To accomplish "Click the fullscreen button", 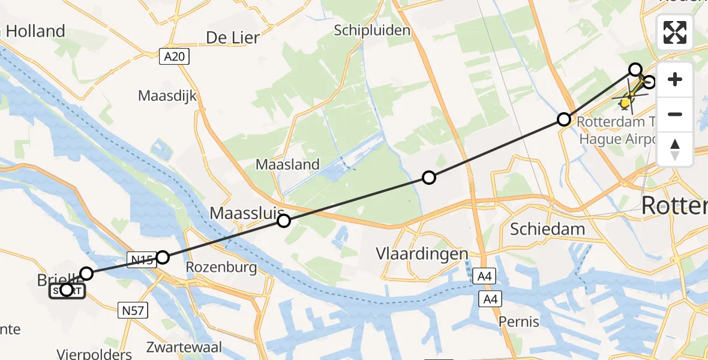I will coord(675,32).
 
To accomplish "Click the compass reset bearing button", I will coord(675,149).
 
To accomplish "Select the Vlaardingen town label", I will coord(422,254).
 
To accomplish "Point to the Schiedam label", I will coord(539,228).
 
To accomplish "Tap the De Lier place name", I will coord(233,38).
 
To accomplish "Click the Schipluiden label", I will coord(372,30).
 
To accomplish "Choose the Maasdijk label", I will coord(167,95).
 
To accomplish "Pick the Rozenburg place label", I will coord(221,267).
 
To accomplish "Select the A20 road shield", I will coord(175,57).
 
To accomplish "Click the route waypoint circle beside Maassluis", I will coord(284,221).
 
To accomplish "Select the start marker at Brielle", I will coord(67,290).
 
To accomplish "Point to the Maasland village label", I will coord(287,164).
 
